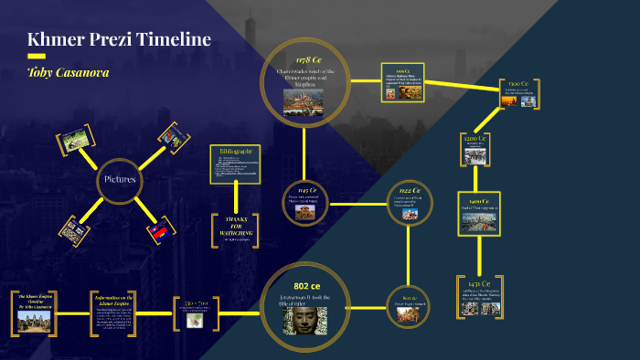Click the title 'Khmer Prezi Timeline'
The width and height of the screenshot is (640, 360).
click(119, 40)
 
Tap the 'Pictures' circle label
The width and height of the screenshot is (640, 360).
click(120, 179)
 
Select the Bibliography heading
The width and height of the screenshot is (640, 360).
click(235, 151)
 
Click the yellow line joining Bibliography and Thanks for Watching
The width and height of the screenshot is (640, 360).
click(235, 198)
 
